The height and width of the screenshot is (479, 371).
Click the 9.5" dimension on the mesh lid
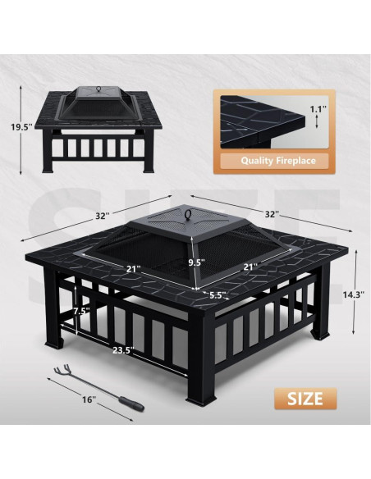pyautogui.click(x=195, y=262)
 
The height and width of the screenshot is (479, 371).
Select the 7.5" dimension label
pyautogui.click(x=80, y=311)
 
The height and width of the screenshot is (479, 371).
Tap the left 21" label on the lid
pyautogui.click(x=132, y=268)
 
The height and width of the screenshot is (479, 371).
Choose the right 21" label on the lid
pyautogui.click(x=251, y=267)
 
